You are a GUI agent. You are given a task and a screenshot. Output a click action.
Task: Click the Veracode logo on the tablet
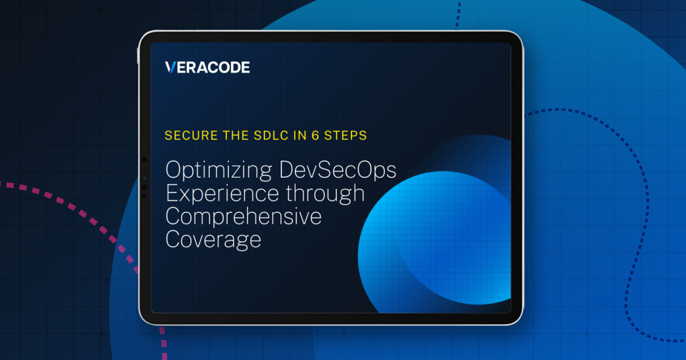[208, 67]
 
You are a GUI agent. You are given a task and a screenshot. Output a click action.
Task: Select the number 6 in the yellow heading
[316, 135]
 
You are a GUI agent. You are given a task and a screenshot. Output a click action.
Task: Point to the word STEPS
[345, 135]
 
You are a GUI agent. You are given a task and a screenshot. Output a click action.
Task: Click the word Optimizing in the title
[218, 170]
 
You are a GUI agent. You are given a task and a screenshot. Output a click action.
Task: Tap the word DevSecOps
[338, 170]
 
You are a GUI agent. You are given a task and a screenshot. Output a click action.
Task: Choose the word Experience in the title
[222, 194]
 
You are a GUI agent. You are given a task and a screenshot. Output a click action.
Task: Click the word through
[325, 194]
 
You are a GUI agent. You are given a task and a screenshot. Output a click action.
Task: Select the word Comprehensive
[244, 216]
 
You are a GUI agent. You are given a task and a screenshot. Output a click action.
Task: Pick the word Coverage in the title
[213, 239]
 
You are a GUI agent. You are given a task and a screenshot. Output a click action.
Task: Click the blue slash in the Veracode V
[173, 67]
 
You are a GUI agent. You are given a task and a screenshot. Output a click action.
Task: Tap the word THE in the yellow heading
[236, 135]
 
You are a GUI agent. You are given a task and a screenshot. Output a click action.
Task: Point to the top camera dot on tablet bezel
[145, 159]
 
